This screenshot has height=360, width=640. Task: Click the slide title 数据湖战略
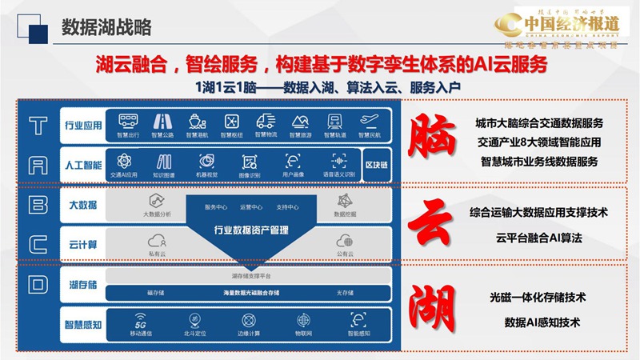(106, 26)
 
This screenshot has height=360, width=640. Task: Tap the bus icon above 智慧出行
(128, 120)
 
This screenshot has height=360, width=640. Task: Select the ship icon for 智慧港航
(197, 120)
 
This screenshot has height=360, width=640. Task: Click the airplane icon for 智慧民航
(369, 120)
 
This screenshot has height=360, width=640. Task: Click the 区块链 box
(378, 164)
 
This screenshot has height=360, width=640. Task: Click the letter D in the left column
(38, 285)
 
